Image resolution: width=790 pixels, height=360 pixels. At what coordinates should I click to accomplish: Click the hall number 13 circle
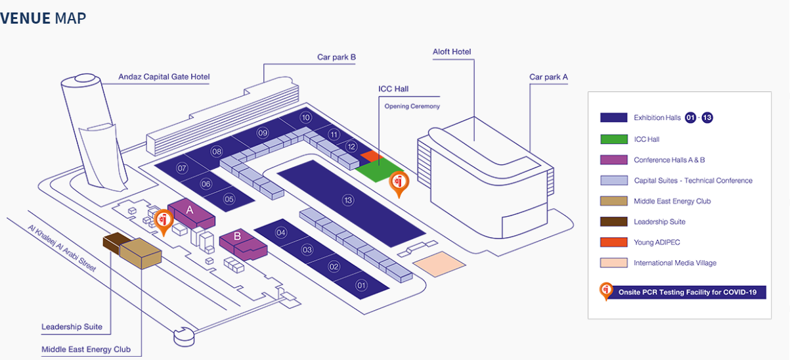(x=348, y=200)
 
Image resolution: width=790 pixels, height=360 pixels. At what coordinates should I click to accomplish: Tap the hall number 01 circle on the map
(x=361, y=285)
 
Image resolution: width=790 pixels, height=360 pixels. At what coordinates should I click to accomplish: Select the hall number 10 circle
(x=306, y=118)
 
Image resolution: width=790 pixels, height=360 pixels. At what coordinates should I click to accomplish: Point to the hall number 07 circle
(x=182, y=168)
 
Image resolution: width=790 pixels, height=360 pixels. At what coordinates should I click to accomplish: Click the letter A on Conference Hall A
(x=190, y=210)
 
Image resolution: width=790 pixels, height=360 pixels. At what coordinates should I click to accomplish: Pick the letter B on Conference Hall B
(x=237, y=236)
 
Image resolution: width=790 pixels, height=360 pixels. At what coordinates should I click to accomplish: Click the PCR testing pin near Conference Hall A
(x=164, y=221)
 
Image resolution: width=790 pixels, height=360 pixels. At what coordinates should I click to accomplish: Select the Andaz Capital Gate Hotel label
(x=164, y=77)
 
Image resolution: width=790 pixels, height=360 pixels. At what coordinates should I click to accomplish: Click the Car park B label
(x=336, y=57)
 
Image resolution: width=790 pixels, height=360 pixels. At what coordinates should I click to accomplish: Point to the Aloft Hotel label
(x=452, y=51)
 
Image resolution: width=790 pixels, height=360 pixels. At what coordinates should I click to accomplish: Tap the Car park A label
(x=548, y=77)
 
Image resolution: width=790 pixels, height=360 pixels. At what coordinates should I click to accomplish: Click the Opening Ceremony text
(x=412, y=106)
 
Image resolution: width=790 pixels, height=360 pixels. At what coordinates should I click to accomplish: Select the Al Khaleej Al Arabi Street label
(x=62, y=248)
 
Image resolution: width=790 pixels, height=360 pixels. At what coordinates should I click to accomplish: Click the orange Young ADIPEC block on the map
(x=370, y=156)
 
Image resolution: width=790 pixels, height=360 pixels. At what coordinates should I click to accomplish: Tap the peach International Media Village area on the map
(x=439, y=264)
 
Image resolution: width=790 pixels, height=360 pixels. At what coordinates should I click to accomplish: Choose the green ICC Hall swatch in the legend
(x=613, y=139)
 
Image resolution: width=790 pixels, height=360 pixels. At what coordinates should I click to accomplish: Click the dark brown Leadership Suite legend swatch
(x=613, y=221)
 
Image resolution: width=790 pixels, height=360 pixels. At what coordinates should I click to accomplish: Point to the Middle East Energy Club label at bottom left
(x=86, y=349)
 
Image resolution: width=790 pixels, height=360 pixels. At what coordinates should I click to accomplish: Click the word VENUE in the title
(x=26, y=18)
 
